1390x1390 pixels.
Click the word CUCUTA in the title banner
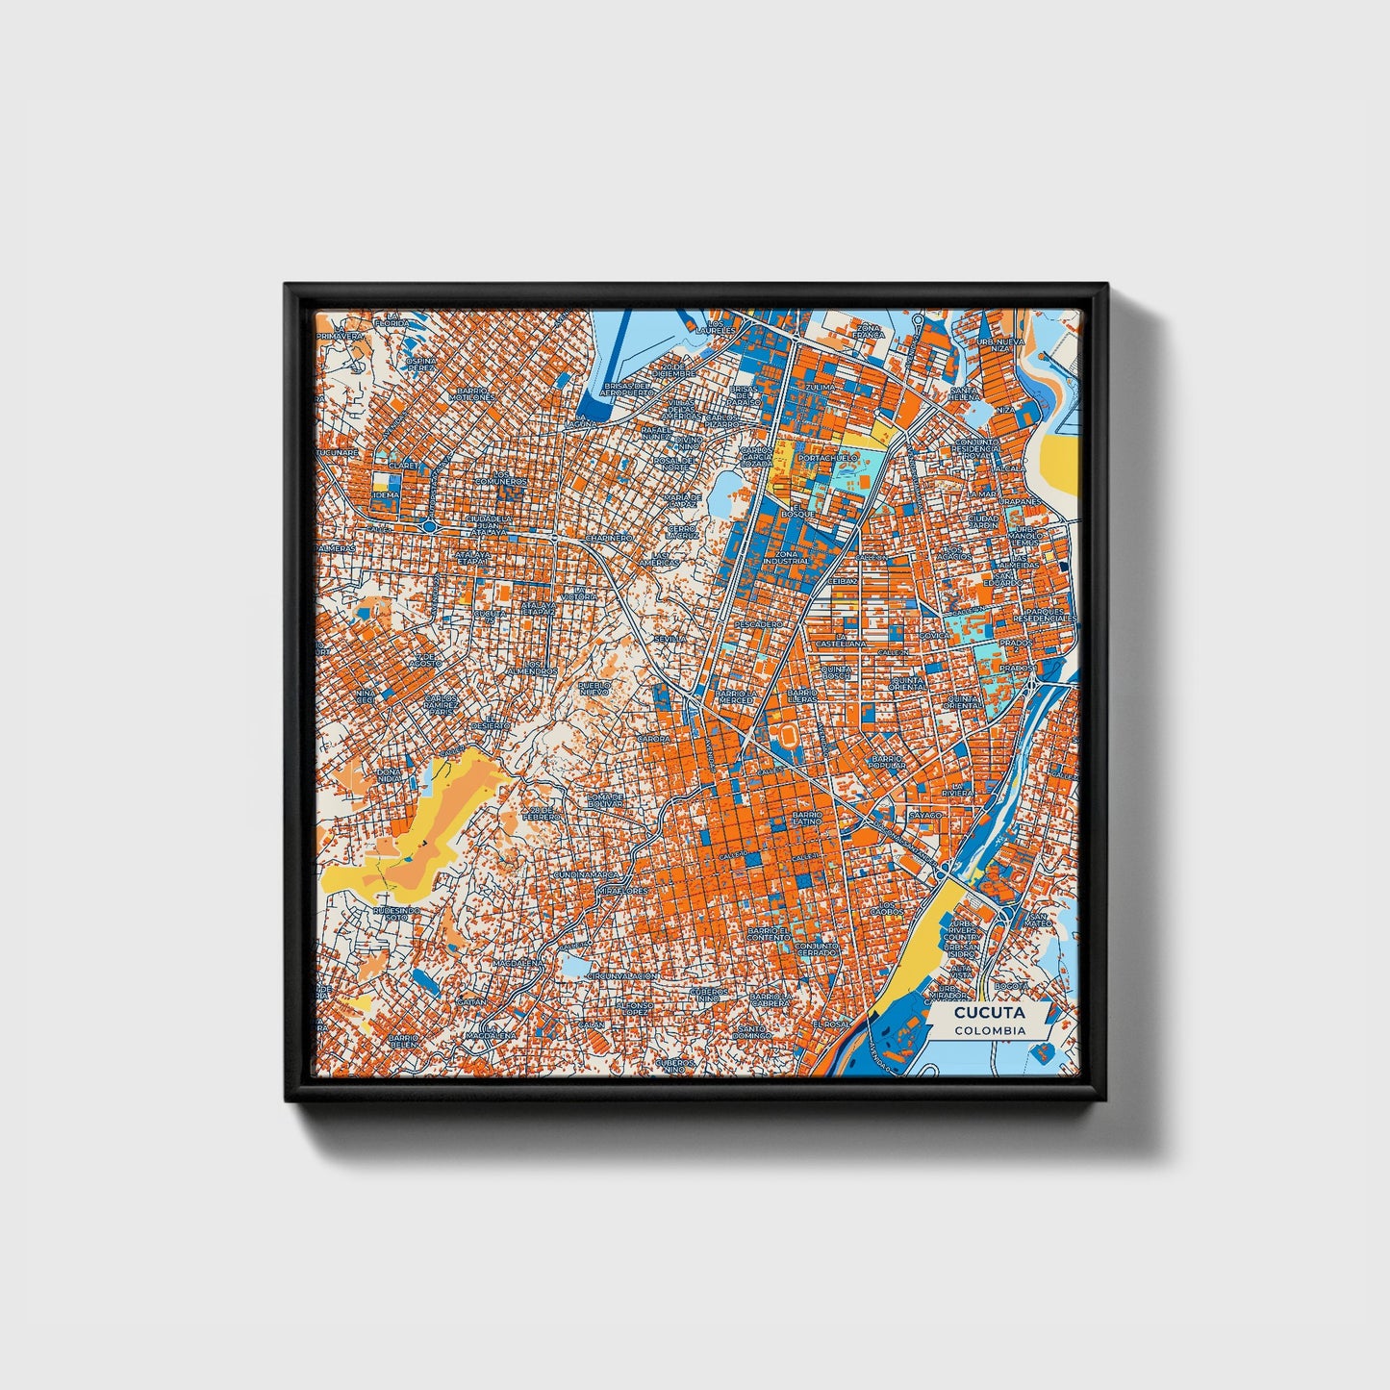point(989,1013)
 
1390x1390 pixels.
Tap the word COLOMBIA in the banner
point(989,1030)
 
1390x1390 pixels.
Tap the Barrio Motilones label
point(475,393)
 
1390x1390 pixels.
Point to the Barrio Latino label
point(806,818)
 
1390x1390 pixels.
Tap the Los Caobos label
point(887,908)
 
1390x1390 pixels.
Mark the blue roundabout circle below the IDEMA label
point(426,526)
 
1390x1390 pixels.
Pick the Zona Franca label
point(868,332)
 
